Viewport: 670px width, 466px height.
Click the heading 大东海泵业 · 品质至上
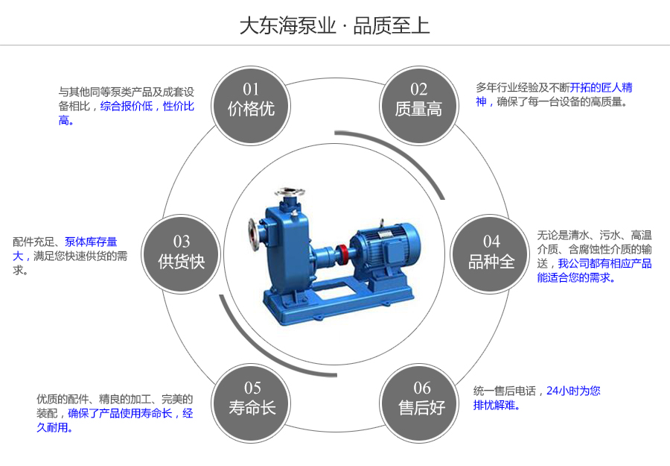[334, 25]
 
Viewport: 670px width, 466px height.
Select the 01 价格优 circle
[252, 100]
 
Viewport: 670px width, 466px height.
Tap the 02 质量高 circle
[418, 100]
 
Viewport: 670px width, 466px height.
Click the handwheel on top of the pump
[289, 192]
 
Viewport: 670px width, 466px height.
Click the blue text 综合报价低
[126, 106]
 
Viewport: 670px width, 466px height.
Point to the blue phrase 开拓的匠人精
[602, 87]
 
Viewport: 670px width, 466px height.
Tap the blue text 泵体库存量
[91, 242]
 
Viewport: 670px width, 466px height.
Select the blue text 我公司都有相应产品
[604, 263]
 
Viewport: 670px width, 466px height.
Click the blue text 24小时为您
[573, 390]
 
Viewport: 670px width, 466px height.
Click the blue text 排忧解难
[497, 406]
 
